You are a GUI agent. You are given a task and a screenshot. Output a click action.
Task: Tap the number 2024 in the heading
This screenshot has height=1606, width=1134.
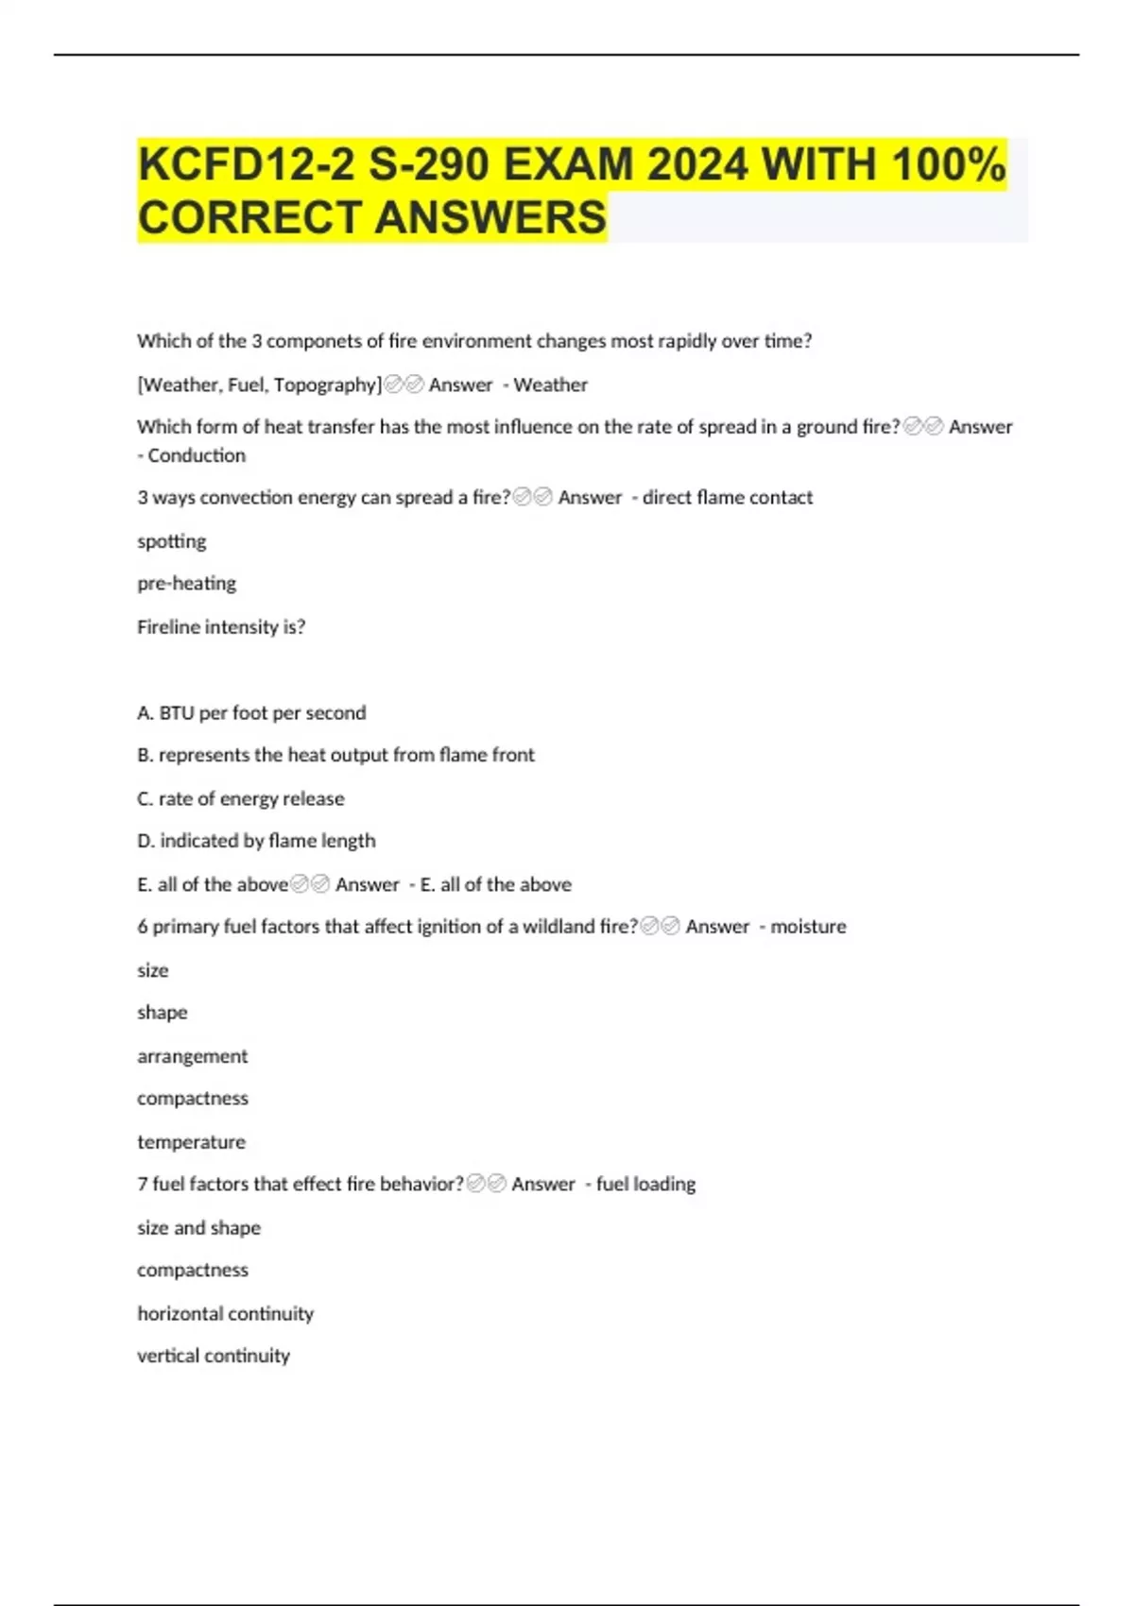click(x=697, y=165)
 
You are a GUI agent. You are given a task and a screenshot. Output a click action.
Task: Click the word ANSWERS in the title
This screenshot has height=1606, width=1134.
click(x=490, y=218)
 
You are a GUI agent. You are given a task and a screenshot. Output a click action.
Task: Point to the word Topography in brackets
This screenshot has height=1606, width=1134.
click(x=325, y=384)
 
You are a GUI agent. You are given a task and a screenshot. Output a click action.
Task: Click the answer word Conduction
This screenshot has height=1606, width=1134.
click(x=197, y=455)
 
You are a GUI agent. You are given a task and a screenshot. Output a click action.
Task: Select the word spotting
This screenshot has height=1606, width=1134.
click(x=172, y=541)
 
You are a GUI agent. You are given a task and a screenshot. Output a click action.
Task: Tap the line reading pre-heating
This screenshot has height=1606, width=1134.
click(x=187, y=583)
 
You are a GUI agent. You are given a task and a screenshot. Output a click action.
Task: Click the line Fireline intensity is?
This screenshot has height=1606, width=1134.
click(x=221, y=626)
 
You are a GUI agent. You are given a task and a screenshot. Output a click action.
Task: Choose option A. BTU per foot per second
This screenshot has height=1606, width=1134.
click(x=251, y=712)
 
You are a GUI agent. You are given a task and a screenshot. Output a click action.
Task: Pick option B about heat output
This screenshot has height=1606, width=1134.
click(x=335, y=755)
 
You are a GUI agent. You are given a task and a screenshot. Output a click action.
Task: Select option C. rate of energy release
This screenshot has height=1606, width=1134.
click(x=241, y=798)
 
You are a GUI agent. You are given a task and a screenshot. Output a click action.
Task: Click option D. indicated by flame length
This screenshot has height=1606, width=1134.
click(x=256, y=841)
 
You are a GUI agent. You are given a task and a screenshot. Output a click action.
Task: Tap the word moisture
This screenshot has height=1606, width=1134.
click(x=808, y=927)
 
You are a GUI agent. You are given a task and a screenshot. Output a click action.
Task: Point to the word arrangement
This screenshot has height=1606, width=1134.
click(x=193, y=1056)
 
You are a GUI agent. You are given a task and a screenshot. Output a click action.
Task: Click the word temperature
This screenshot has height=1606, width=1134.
click(x=191, y=1142)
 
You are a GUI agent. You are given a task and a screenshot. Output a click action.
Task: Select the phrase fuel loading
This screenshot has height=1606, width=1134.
click(x=645, y=1184)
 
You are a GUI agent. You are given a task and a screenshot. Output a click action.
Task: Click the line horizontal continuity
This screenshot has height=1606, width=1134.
click(x=225, y=1313)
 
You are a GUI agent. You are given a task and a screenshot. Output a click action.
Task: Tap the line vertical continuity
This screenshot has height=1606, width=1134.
click(x=214, y=1356)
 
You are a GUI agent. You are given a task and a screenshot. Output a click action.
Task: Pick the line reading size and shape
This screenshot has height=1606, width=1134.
click(x=198, y=1228)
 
